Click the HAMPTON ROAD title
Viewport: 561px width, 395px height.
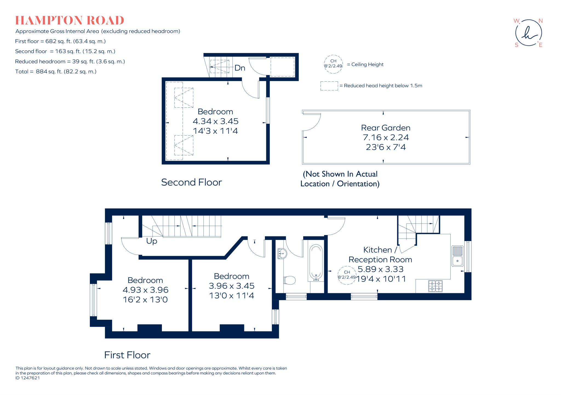(x=70, y=21)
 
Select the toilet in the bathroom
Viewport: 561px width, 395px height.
(x=290, y=280)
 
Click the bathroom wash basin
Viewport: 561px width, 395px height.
(x=282, y=254)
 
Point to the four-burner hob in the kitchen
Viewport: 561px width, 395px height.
(x=435, y=286)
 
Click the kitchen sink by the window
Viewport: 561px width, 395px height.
(x=457, y=256)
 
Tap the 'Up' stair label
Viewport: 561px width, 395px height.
(x=151, y=241)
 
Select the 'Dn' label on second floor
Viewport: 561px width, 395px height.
(x=240, y=68)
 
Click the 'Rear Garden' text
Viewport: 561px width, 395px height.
(x=385, y=128)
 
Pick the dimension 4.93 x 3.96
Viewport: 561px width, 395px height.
(x=145, y=290)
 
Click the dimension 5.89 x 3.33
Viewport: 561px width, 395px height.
(x=380, y=269)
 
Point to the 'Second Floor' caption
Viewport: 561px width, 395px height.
(x=191, y=182)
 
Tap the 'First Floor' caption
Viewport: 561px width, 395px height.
(x=127, y=355)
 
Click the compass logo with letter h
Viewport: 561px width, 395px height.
(x=528, y=33)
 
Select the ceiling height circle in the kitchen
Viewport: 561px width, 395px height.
(x=347, y=275)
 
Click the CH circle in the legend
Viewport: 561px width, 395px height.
(x=333, y=64)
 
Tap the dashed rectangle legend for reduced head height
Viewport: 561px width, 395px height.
(x=329, y=86)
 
